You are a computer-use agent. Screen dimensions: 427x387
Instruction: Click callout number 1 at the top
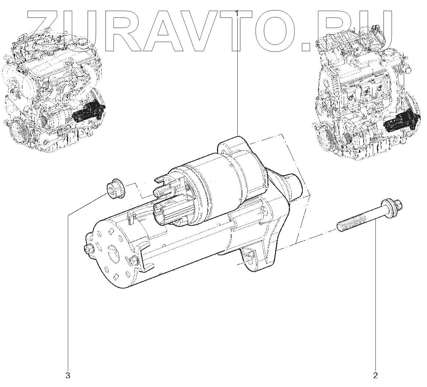click(x=237, y=13)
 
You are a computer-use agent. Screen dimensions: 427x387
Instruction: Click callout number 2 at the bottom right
click(x=375, y=376)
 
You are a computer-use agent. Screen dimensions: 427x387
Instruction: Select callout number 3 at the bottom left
click(x=68, y=376)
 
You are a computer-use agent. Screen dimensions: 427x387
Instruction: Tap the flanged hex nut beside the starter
click(x=115, y=190)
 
